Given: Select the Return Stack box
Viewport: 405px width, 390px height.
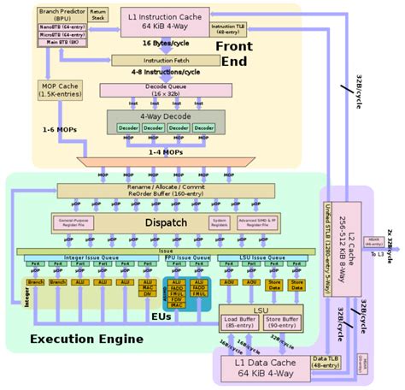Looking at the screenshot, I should click(99, 15).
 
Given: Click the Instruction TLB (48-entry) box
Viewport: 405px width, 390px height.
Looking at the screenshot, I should click(226, 28).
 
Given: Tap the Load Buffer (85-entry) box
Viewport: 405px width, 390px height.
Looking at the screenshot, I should click(240, 322).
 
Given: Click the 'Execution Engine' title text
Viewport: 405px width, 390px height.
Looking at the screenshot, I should click(85, 340).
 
